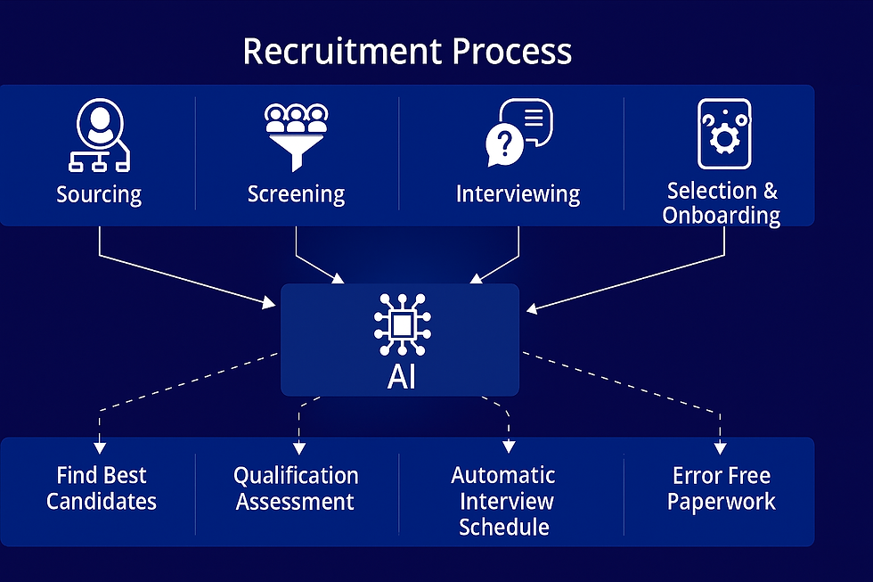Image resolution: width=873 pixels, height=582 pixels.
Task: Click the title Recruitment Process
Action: pyautogui.click(x=406, y=52)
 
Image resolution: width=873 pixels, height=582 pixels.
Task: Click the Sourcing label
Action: pyautogui.click(x=99, y=194)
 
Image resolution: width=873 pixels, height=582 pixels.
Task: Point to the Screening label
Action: pyautogui.click(x=296, y=194)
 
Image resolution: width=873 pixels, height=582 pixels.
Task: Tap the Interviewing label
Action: pyautogui.click(x=518, y=194)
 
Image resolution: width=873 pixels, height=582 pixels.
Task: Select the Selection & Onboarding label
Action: pyautogui.click(x=722, y=203)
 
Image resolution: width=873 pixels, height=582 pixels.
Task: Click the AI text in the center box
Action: pyautogui.click(x=401, y=376)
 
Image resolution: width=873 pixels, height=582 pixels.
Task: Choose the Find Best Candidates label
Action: pyautogui.click(x=101, y=488)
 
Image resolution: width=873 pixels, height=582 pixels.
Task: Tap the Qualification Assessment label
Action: pyautogui.click(x=296, y=488)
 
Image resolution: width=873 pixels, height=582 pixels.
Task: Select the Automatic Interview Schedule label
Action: pyautogui.click(x=503, y=501)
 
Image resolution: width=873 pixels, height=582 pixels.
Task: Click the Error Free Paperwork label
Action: pyautogui.click(x=722, y=488)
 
